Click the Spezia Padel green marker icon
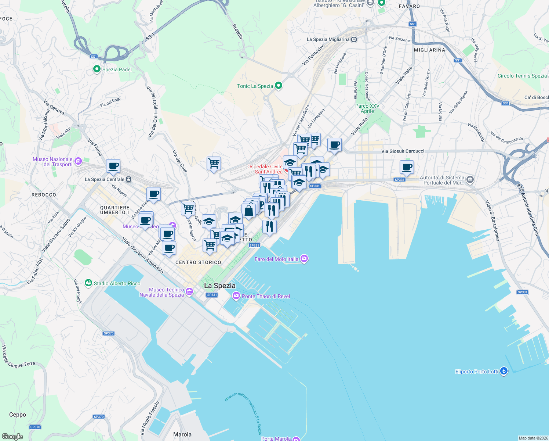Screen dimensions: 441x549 click(97, 69)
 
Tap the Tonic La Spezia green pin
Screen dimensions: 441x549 click(279, 86)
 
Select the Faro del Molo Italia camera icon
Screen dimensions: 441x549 click(304, 259)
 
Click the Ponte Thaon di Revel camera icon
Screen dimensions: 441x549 click(236, 296)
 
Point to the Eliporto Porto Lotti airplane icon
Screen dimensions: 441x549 click(504, 371)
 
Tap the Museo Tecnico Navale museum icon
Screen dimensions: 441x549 click(189, 292)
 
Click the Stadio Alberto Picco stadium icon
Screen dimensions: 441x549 click(88, 283)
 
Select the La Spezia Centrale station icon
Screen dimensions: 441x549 click(128, 179)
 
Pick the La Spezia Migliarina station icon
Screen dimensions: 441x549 click(354, 39)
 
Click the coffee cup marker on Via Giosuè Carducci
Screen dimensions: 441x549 click(407, 168)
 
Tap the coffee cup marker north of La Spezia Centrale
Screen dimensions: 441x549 click(113, 166)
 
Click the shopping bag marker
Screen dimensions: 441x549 click(249, 211)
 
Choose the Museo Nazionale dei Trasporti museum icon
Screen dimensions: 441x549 click(78, 161)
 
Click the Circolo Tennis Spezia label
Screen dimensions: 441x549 click(522, 76)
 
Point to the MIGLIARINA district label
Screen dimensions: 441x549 click(429, 50)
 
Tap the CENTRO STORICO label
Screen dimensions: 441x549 click(198, 262)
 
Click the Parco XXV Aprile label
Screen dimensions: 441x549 click(367, 108)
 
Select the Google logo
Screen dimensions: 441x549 click(12, 437)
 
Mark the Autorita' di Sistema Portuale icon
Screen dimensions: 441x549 click(470, 180)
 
